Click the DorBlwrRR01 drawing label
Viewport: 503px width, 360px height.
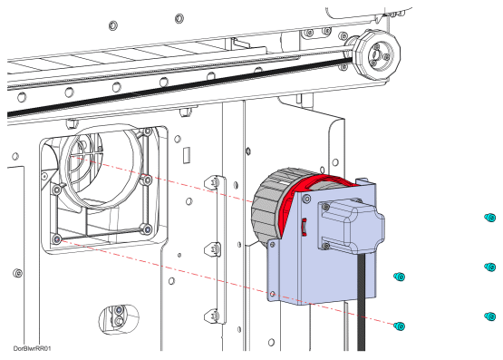(32, 348)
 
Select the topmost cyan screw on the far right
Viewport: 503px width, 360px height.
(489, 218)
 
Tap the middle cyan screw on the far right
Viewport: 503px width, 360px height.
(489, 267)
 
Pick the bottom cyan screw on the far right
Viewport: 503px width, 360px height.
(489, 316)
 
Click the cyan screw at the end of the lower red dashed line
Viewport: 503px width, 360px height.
(400, 326)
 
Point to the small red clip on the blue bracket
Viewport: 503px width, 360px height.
(304, 227)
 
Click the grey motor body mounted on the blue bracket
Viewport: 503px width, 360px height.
(352, 226)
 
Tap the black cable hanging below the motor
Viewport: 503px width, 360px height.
(362, 302)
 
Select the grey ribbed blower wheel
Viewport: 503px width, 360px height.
(269, 205)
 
